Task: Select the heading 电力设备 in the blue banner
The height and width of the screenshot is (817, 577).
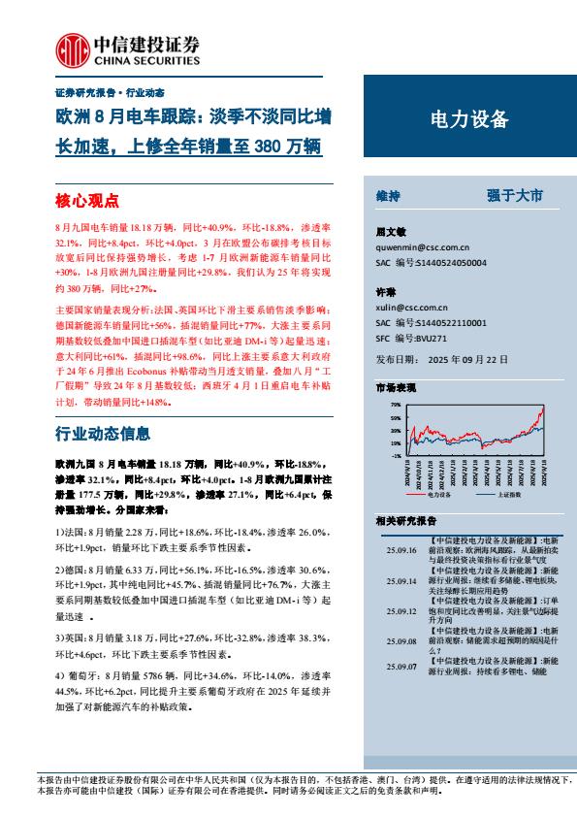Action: pos(467,119)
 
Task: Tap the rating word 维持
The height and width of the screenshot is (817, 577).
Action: pos(389,195)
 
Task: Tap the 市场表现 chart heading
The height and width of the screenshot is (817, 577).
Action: pos(396,386)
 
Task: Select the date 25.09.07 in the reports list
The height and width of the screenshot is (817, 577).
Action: pos(400,667)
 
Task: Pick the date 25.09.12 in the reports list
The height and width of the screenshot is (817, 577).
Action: pos(400,612)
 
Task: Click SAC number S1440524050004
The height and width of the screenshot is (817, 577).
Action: pos(456,262)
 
